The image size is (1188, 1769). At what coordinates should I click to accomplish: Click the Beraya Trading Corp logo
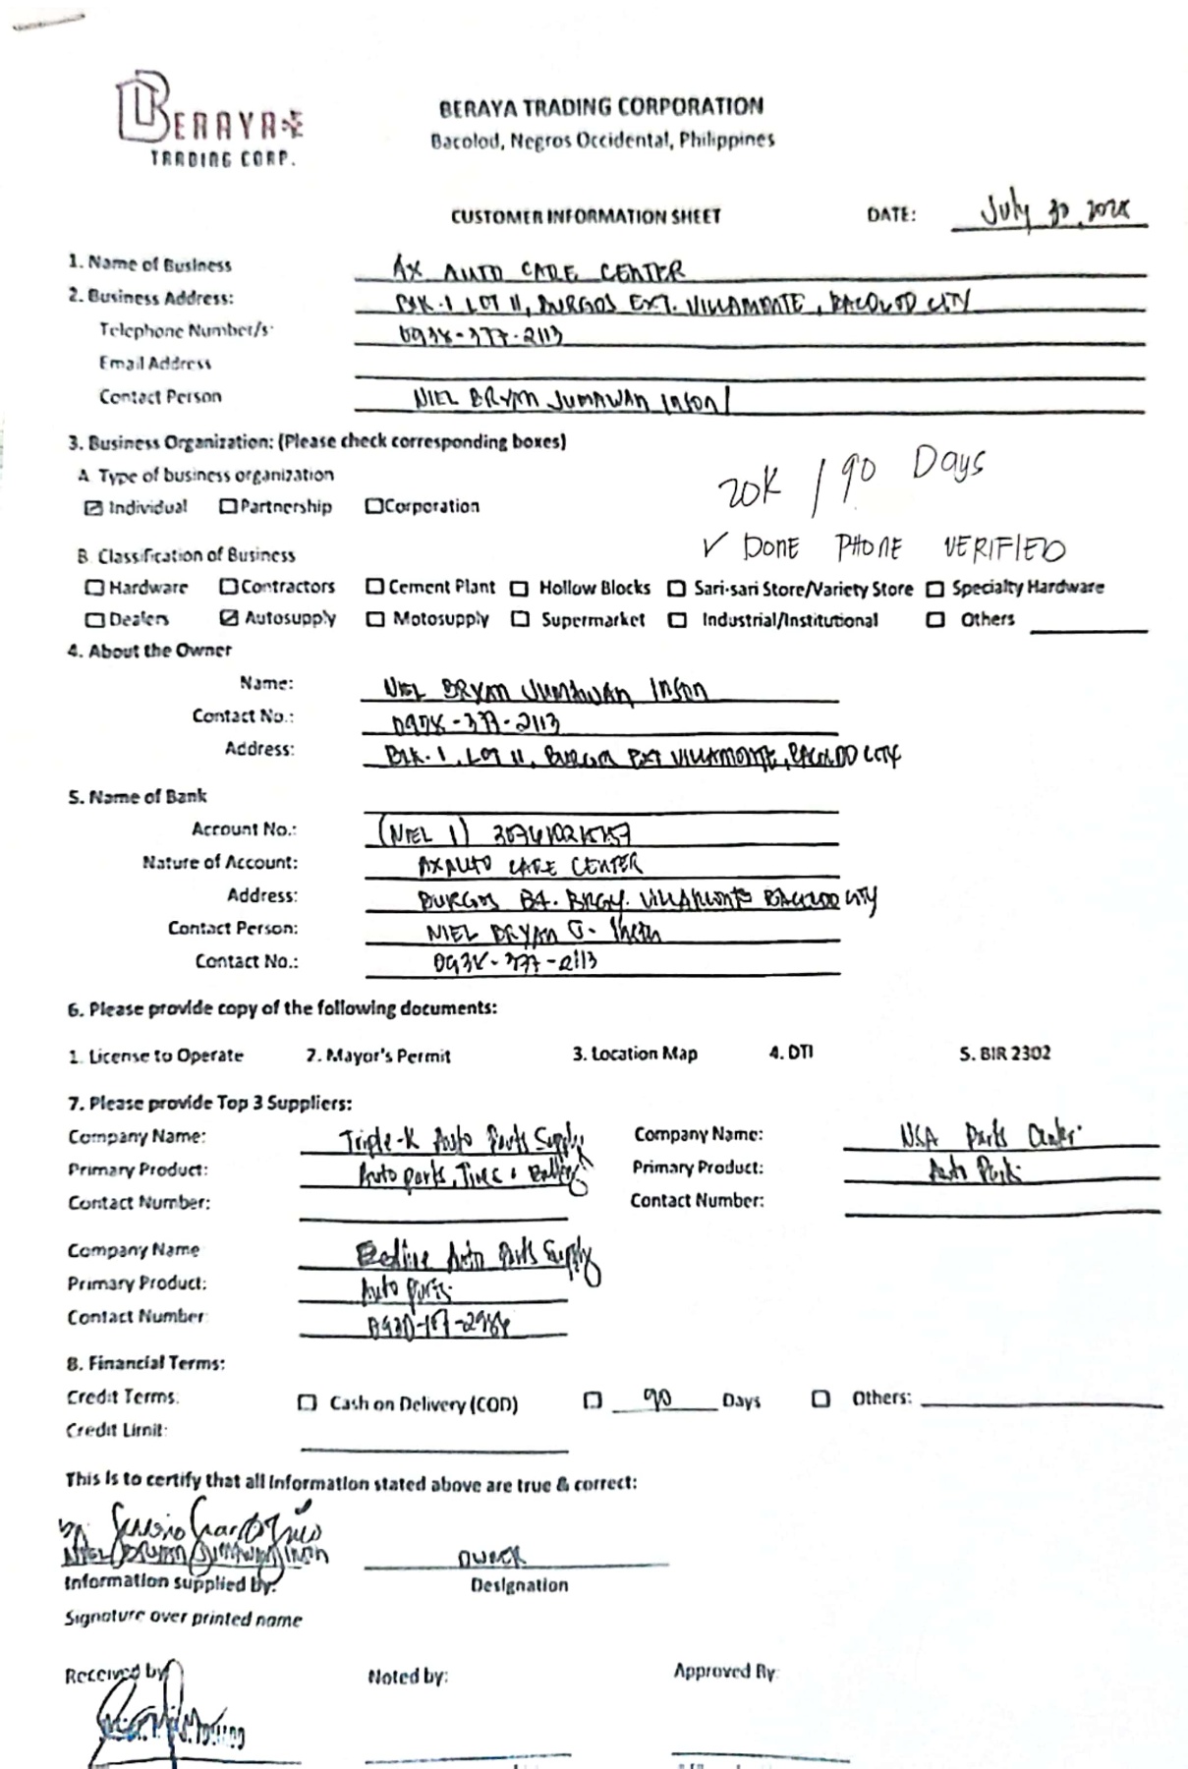click(208, 120)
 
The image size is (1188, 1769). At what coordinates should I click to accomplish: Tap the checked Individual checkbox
click(93, 508)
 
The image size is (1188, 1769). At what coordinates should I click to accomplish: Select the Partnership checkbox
click(228, 507)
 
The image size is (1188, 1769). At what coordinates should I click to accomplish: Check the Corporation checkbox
click(373, 506)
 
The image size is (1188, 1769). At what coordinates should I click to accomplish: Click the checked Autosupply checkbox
click(229, 618)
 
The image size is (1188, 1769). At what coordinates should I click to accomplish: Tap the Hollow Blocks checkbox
click(520, 589)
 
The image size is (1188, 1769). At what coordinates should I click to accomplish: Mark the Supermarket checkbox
click(521, 619)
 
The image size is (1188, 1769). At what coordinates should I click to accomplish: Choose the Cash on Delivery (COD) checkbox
click(308, 1403)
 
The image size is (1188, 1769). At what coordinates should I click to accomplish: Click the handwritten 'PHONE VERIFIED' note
click(949, 547)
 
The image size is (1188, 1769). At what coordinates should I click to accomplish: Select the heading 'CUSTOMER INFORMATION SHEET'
click(586, 216)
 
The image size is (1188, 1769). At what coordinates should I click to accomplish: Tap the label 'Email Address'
click(154, 364)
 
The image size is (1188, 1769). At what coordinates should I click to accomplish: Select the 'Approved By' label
click(725, 1671)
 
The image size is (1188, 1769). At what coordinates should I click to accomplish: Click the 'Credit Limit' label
click(116, 1430)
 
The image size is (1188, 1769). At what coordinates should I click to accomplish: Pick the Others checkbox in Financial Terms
click(821, 1398)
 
